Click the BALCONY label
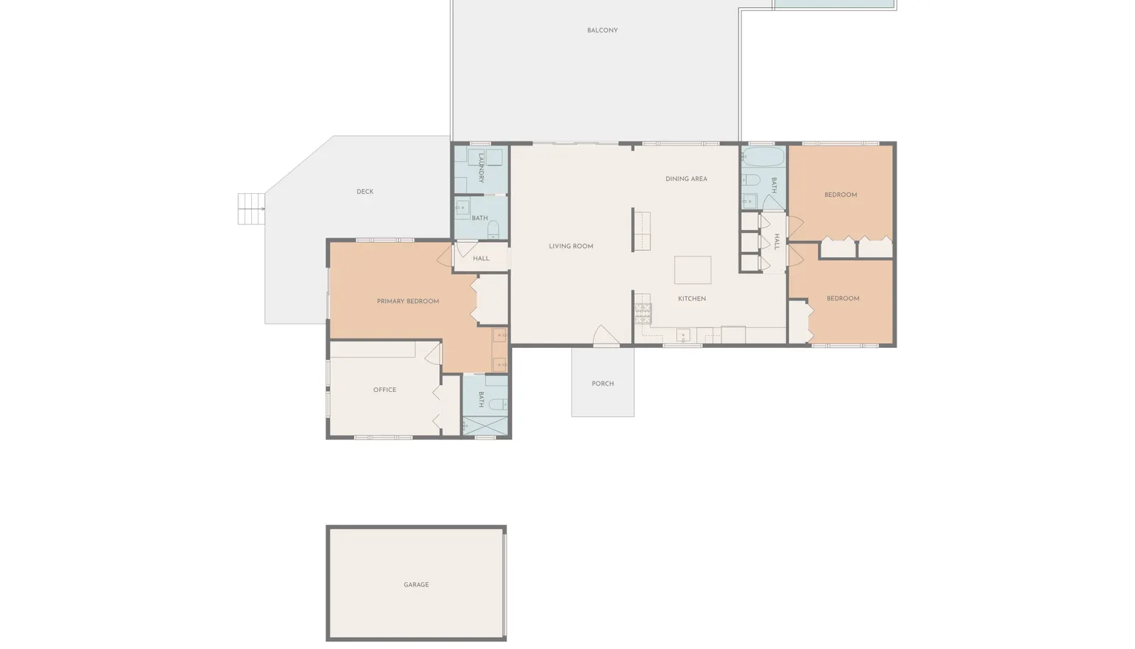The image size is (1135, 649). tap(602, 31)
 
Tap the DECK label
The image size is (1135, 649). tap(365, 192)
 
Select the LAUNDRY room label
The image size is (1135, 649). tap(482, 168)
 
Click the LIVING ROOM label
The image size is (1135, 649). tap(571, 246)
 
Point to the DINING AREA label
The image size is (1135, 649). tap(686, 179)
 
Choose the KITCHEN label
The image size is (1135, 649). tap(692, 299)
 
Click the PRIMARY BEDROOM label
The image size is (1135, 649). tap(408, 301)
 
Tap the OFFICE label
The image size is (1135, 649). tap(384, 390)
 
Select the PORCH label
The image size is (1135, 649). tap(602, 384)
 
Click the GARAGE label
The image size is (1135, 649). tap(416, 584)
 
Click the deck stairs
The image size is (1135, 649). tap(251, 208)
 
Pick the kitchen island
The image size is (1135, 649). tap(692, 270)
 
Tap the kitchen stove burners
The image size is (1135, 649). tap(643, 313)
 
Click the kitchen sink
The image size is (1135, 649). tap(683, 336)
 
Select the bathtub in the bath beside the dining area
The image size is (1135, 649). tap(763, 157)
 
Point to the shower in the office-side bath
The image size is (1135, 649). tap(485, 426)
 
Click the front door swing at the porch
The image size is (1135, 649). tap(606, 336)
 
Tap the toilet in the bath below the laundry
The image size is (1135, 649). tap(494, 229)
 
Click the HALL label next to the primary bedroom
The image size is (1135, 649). tap(481, 258)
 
